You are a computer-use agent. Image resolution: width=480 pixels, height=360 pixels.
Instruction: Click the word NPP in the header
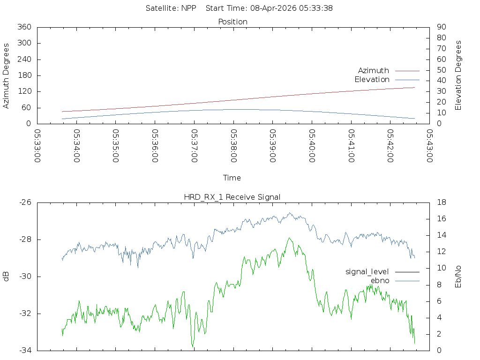tap(188, 8)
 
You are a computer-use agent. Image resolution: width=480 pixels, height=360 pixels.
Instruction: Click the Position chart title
tap(232, 22)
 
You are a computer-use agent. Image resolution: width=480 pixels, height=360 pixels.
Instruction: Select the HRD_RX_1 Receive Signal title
tap(232, 197)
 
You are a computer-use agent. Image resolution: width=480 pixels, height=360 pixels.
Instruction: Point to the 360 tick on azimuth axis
tap(24, 27)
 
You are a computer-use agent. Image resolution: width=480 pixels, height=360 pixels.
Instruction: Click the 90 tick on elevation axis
tap(442, 27)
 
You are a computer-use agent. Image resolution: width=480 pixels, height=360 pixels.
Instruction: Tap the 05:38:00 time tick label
tap(233, 146)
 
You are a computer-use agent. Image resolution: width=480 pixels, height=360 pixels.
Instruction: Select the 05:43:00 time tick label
tap(430, 146)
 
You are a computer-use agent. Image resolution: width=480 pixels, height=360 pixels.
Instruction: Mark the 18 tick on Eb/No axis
tap(442, 202)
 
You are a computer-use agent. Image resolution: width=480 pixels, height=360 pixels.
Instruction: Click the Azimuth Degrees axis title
tap(6, 75)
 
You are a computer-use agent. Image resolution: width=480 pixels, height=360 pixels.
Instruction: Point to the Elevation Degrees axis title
tap(458, 75)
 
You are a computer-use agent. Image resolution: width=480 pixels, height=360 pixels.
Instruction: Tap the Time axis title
tap(232, 178)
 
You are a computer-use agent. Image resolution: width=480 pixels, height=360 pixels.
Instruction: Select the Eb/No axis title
tap(458, 277)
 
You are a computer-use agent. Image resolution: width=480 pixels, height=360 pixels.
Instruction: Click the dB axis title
tap(6, 277)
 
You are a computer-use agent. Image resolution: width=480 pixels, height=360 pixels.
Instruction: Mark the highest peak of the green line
tap(289, 238)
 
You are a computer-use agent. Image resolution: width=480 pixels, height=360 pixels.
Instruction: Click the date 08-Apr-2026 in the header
tap(273, 8)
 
